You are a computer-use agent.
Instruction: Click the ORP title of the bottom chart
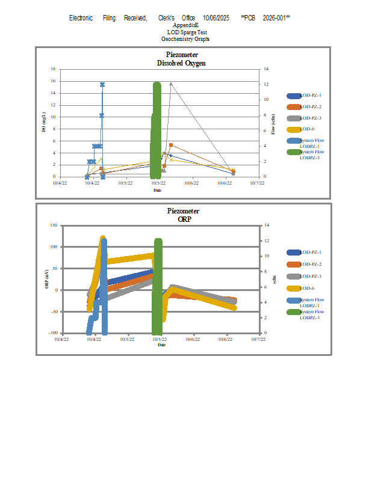pos(183,219)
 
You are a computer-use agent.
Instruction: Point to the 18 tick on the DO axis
pos(54,69)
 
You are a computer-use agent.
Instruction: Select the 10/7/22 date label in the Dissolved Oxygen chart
pos(257,183)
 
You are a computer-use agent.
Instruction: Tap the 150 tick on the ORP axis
pos(53,225)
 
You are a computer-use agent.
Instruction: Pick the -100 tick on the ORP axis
pos(52,333)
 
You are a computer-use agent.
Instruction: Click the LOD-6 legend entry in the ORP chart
pos(307,288)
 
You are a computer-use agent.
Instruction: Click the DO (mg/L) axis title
pos(45,123)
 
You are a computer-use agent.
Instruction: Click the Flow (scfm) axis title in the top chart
pos(273,123)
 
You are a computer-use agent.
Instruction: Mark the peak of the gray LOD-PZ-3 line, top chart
pos(171,84)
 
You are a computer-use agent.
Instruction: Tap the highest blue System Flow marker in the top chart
pos(102,85)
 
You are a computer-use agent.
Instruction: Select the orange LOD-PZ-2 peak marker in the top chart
pos(171,145)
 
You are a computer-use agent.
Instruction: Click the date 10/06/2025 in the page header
pos(216,19)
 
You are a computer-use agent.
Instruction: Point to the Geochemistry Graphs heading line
pos(185,39)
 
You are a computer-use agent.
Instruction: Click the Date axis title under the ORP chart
pos(162,345)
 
